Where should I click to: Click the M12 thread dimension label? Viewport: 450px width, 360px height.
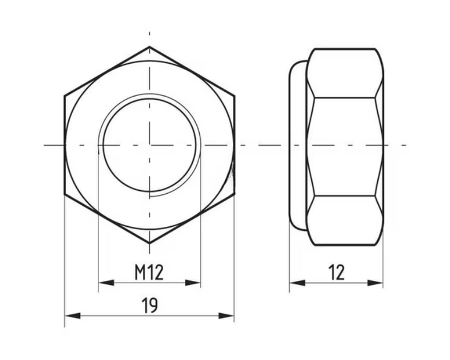pos(149,272)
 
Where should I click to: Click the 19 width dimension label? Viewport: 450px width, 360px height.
pos(149,305)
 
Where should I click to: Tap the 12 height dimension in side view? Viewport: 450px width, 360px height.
pos(337,272)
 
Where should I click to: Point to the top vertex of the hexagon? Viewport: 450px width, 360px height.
pos(149,47)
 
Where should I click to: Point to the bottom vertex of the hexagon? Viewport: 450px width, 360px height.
pos(149,244)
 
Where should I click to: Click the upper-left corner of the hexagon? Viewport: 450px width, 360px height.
pos(64,95)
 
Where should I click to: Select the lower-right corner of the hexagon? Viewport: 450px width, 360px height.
pos(235,194)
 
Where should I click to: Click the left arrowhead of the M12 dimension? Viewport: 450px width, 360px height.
pos(106,283)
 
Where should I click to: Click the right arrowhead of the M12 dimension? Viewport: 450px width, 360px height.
pos(193,283)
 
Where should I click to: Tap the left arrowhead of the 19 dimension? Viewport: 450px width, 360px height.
pos(73,316)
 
